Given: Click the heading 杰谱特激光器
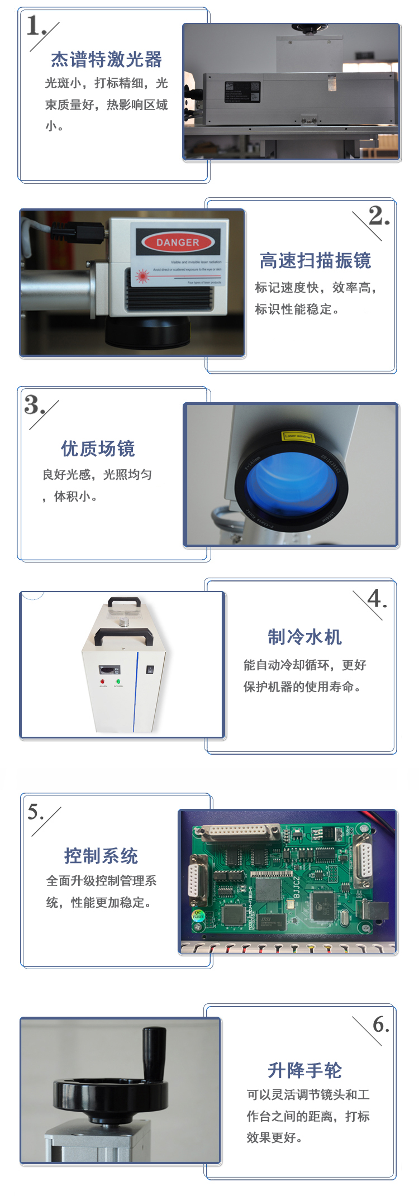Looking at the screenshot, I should pyautogui.click(x=106, y=59).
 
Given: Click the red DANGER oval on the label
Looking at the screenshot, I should pyautogui.click(x=178, y=242).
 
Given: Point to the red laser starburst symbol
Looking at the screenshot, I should pyautogui.click(x=142, y=276).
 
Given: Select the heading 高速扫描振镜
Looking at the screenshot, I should pyautogui.click(x=315, y=260).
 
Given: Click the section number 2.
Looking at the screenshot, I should pyautogui.click(x=379, y=216).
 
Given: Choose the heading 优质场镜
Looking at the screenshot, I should pyautogui.click(x=98, y=448).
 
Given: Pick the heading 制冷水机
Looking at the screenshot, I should pyautogui.click(x=304, y=637).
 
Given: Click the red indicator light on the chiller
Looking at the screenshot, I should pyautogui.click(x=103, y=682).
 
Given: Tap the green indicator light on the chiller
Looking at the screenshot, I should pyautogui.click(x=118, y=682).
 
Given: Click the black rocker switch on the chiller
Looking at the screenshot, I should pyautogui.click(x=149, y=670).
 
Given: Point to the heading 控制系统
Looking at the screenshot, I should pyautogui.click(x=101, y=855).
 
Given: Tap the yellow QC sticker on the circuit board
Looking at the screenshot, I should pyautogui.click(x=198, y=915).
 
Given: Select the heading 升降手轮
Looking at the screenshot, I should pyautogui.click(x=304, y=1070).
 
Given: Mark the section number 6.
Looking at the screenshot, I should pyautogui.click(x=380, y=1025).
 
